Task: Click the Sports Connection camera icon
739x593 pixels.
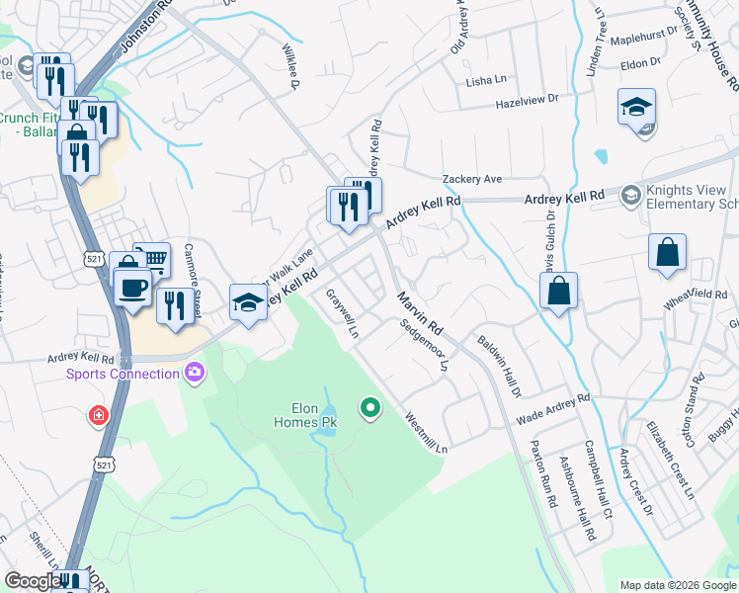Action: [x=195, y=373]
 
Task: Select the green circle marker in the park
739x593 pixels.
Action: [x=370, y=406]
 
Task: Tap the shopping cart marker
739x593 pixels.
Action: [x=153, y=260]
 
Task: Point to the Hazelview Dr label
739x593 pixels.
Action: [x=527, y=99]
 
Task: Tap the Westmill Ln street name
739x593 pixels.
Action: [x=425, y=432]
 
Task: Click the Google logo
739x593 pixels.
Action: [x=33, y=581]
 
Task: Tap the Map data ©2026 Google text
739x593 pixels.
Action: [x=677, y=585]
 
